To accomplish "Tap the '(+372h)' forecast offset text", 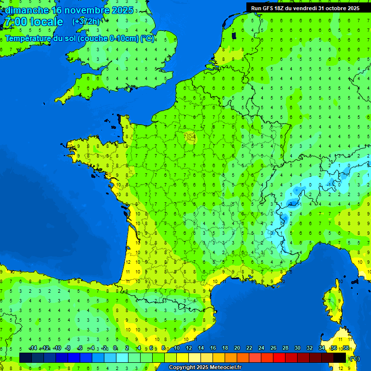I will pyautogui.click(x=86, y=22).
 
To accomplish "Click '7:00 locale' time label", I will pyautogui.click(x=34, y=22).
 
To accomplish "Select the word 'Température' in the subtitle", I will pyautogui.click(x=28, y=39).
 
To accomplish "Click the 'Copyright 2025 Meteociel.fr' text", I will pyautogui.click(x=205, y=368).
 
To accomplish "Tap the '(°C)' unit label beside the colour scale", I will pyautogui.click(x=354, y=358).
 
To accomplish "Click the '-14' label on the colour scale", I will pyautogui.click(x=33, y=348).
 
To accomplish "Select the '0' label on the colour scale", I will pyautogui.click(x=115, y=348).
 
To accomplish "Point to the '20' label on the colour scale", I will pyautogui.click(x=237, y=348).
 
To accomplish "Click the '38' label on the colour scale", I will pyautogui.click(x=345, y=348).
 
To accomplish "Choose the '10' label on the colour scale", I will pyautogui.click(x=177, y=348).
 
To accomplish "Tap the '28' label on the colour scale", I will pyautogui.click(x=285, y=348).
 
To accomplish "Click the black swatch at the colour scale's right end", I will pyautogui.click(x=340, y=357).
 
